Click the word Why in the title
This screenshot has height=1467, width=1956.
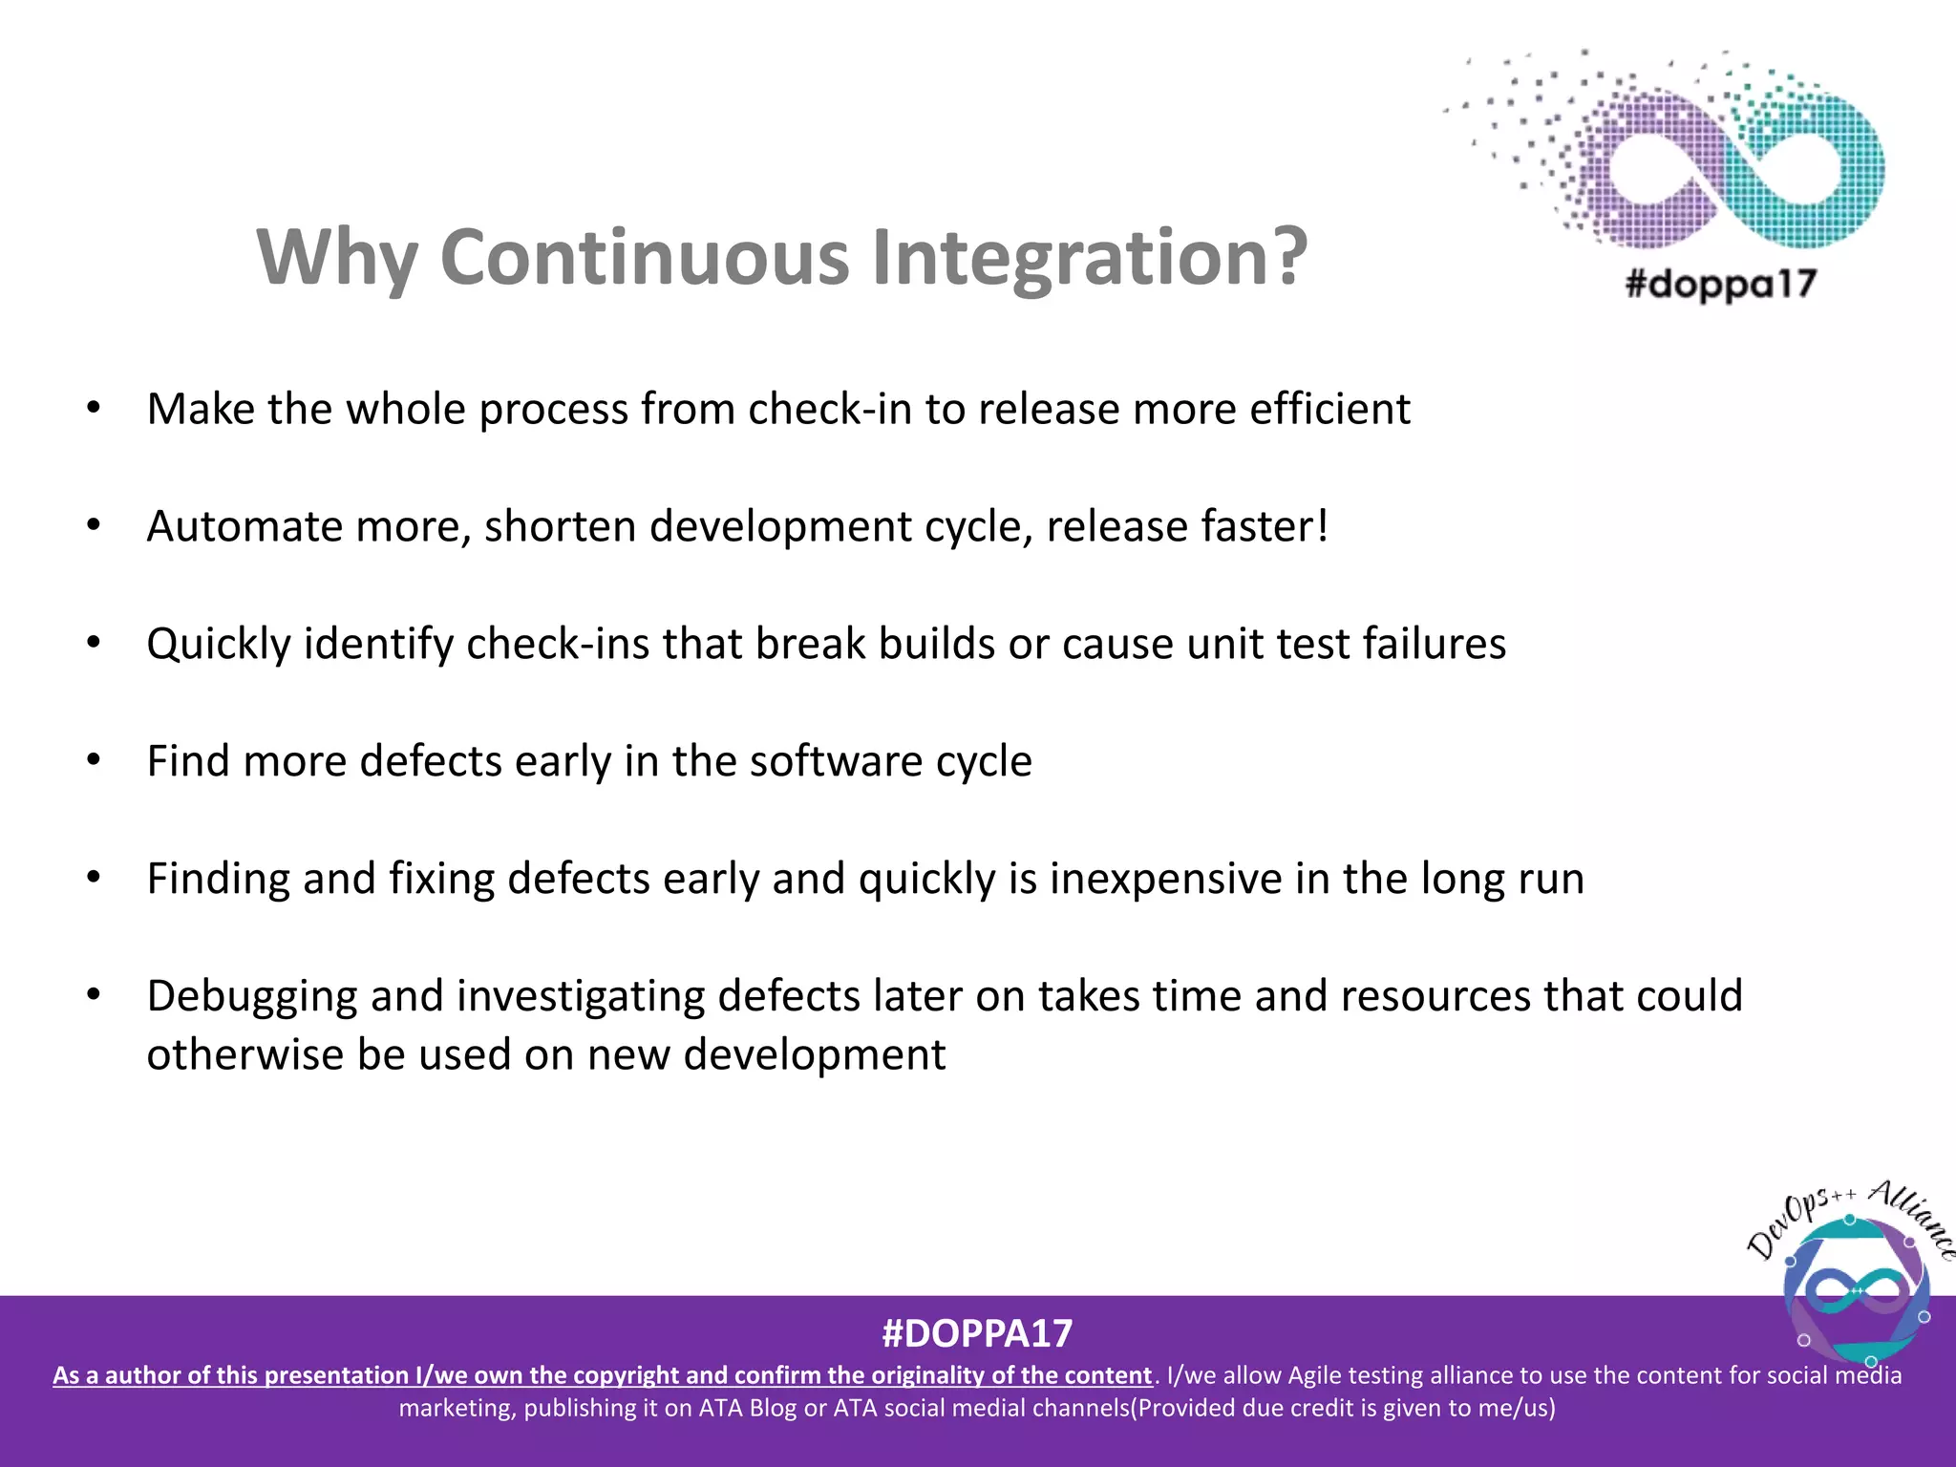pyautogui.click(x=337, y=258)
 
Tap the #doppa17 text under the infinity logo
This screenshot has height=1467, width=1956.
pyautogui.click(x=1720, y=285)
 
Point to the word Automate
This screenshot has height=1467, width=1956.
pyautogui.click(x=244, y=526)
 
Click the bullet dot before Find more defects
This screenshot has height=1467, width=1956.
pyautogui.click(x=93, y=760)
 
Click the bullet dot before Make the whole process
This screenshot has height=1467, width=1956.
pyautogui.click(x=93, y=409)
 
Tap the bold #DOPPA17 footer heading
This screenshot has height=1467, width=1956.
pyautogui.click(x=977, y=1333)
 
